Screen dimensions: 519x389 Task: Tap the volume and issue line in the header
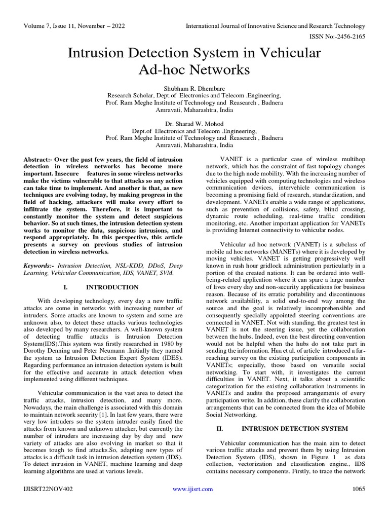point(72,25)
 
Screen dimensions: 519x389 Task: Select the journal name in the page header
point(276,25)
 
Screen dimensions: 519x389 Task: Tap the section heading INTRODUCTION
point(112,287)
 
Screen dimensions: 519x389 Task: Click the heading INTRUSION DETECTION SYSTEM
point(295,428)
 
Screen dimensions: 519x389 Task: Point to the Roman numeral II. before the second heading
point(220,428)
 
